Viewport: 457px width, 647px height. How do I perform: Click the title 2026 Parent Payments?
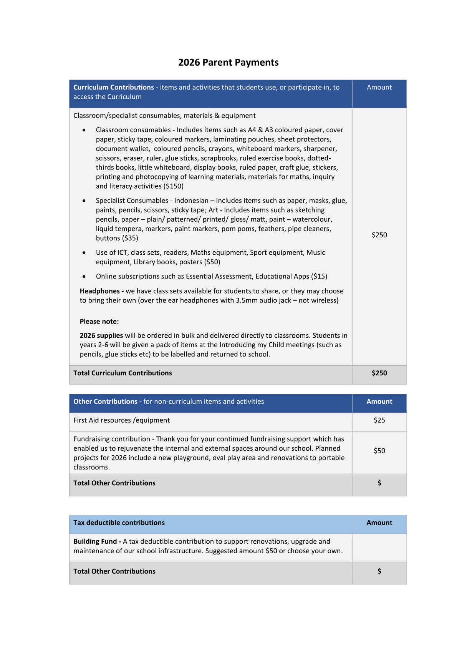(x=228, y=62)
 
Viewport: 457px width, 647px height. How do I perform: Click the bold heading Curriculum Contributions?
(x=113, y=87)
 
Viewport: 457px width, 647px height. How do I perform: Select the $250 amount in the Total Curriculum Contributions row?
(x=379, y=373)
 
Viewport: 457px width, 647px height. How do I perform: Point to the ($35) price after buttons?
(x=130, y=238)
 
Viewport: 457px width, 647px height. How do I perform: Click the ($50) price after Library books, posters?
(x=212, y=262)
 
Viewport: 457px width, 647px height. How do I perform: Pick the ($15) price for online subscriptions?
(x=319, y=276)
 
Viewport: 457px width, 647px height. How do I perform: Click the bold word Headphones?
(x=100, y=291)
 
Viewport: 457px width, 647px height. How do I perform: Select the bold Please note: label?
(x=99, y=322)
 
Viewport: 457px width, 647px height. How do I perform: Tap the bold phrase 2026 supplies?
(x=101, y=335)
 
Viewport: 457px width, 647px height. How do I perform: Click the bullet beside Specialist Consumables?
(x=84, y=201)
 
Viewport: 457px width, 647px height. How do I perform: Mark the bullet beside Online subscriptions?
(x=84, y=276)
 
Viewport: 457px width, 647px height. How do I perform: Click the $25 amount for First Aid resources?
(x=379, y=420)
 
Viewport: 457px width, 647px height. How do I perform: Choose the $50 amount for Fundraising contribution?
(x=379, y=451)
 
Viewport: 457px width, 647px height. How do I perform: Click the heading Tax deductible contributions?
(x=119, y=523)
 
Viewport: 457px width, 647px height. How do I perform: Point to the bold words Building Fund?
(x=95, y=541)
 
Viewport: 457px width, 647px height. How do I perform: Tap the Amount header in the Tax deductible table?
(x=379, y=523)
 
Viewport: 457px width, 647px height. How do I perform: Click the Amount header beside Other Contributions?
(x=379, y=401)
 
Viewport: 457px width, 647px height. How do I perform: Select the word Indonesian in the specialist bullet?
(x=191, y=201)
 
